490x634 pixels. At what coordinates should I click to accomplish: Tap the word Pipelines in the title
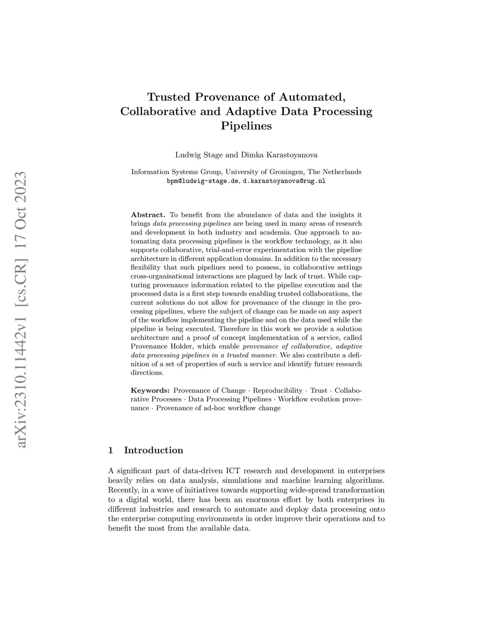(x=246, y=126)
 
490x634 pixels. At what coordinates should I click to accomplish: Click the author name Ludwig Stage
(x=195, y=155)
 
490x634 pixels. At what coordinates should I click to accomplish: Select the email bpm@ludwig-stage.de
(x=202, y=181)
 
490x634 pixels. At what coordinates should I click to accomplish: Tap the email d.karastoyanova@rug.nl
(x=284, y=181)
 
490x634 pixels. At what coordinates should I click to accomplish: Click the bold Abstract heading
(x=148, y=215)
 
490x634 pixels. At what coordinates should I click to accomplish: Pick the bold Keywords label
(x=150, y=390)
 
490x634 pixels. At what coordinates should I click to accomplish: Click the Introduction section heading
(x=154, y=450)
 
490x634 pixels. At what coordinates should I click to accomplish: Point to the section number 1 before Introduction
(x=111, y=450)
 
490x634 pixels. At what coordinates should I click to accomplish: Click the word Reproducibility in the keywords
(x=278, y=390)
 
